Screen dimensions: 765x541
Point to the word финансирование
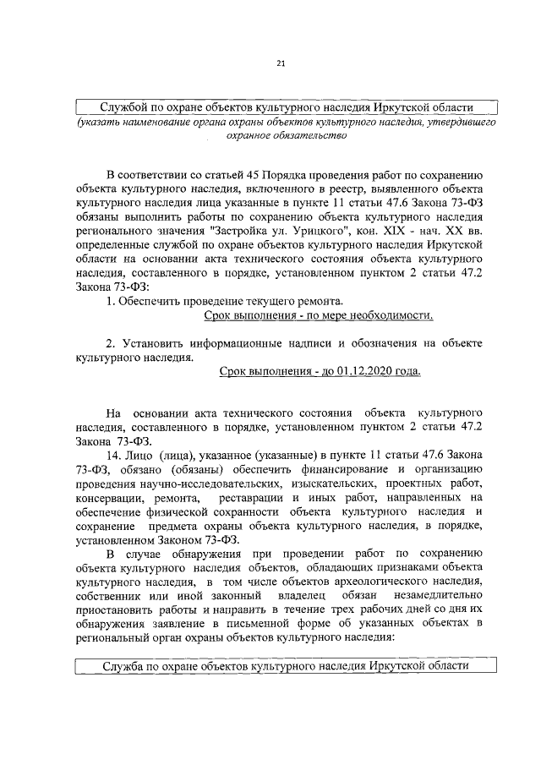pos(334,468)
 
